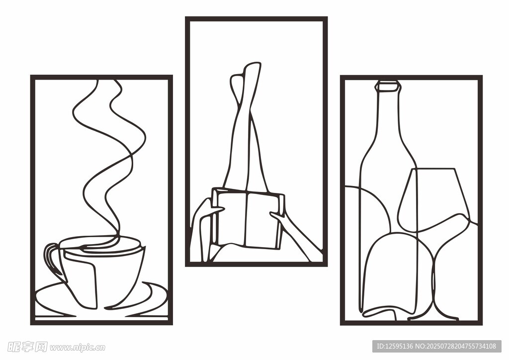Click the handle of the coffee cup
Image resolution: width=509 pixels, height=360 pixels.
(x=49, y=257)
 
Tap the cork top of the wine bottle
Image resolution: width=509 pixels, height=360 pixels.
(x=387, y=86)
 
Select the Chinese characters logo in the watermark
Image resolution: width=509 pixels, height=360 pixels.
(x=27, y=347)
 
